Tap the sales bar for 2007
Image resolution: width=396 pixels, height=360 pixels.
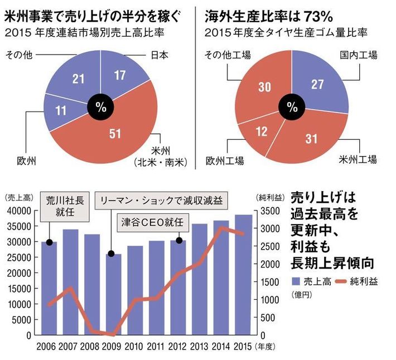[x=70, y=282]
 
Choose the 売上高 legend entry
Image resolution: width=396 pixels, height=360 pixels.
[x=310, y=281]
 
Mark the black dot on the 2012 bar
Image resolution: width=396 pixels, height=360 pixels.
[x=179, y=240]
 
